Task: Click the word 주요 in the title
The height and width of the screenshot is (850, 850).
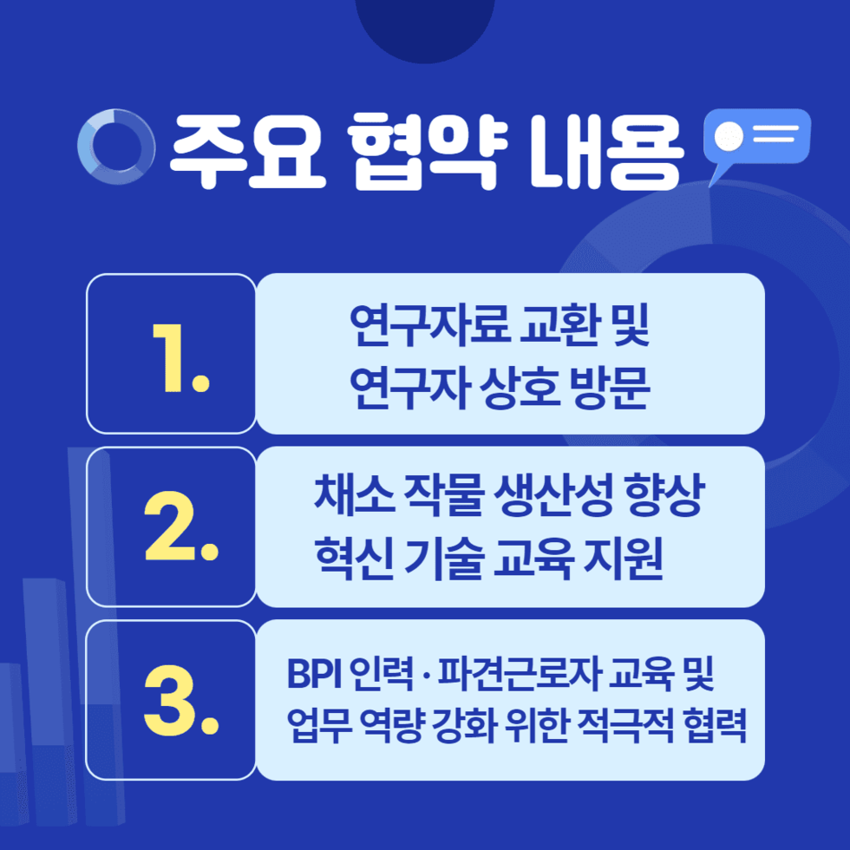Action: (248, 151)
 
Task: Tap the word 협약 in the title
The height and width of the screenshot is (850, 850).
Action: (427, 151)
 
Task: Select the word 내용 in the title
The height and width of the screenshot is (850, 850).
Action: (606, 151)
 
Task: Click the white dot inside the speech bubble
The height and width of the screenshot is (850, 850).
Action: (729, 136)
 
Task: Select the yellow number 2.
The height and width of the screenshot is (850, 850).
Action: (181, 526)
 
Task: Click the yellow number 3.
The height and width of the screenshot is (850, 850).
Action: (181, 700)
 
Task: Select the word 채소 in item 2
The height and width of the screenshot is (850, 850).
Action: (354, 494)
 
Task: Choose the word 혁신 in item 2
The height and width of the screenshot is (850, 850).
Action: (354, 559)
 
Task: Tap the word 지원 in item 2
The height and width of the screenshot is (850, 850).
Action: (623, 559)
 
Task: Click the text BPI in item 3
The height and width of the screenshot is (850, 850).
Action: (314, 673)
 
